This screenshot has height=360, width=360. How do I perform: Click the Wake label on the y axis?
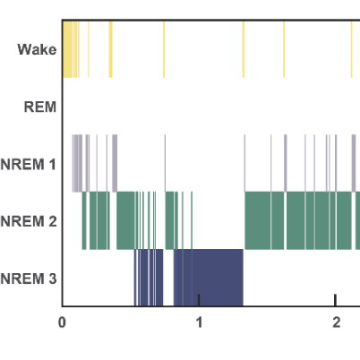click(x=37, y=49)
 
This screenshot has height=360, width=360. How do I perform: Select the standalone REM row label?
click(x=40, y=107)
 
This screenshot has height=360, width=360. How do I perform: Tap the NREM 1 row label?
click(x=29, y=164)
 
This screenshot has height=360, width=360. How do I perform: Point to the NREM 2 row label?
click(x=29, y=221)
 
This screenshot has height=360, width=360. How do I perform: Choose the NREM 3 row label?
click(x=29, y=279)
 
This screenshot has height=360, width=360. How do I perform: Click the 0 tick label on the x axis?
click(x=62, y=322)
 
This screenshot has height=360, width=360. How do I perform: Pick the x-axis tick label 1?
click(x=199, y=322)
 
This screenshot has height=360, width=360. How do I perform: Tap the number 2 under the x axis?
click(x=336, y=322)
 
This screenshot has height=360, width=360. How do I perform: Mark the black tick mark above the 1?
click(x=199, y=300)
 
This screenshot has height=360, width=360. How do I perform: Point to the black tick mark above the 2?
click(x=336, y=300)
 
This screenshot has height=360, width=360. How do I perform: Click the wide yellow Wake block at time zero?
click(x=67, y=49)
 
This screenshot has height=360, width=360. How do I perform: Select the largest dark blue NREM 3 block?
click(x=209, y=278)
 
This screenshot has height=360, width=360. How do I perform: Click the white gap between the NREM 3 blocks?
click(x=168, y=278)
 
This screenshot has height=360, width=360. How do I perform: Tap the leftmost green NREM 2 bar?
click(x=84, y=220)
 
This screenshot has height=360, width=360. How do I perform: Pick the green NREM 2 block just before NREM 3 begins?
click(x=125, y=220)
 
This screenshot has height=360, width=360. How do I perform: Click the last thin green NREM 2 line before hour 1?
click(x=192, y=220)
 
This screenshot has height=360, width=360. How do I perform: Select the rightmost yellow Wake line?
click(x=352, y=49)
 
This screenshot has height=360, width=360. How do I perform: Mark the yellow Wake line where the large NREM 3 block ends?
click(x=244, y=49)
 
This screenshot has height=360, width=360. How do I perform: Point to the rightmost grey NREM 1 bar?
click(x=354, y=163)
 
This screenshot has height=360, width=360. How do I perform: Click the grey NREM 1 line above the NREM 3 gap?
click(x=165, y=163)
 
